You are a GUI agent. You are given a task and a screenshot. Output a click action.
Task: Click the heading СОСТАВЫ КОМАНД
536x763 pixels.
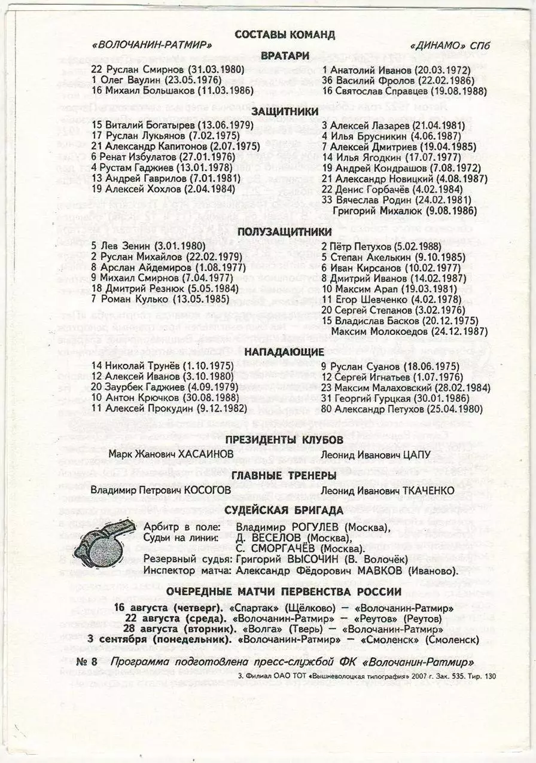click(x=285, y=35)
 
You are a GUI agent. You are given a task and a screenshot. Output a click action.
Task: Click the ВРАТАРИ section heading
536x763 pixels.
click(x=285, y=56)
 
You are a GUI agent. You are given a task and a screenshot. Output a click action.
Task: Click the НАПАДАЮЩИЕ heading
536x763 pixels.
click(x=285, y=352)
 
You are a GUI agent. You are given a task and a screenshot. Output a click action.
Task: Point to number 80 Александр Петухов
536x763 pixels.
click(x=402, y=409)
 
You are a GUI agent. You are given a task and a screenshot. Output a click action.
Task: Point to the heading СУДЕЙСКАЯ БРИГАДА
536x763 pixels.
click(x=285, y=510)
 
